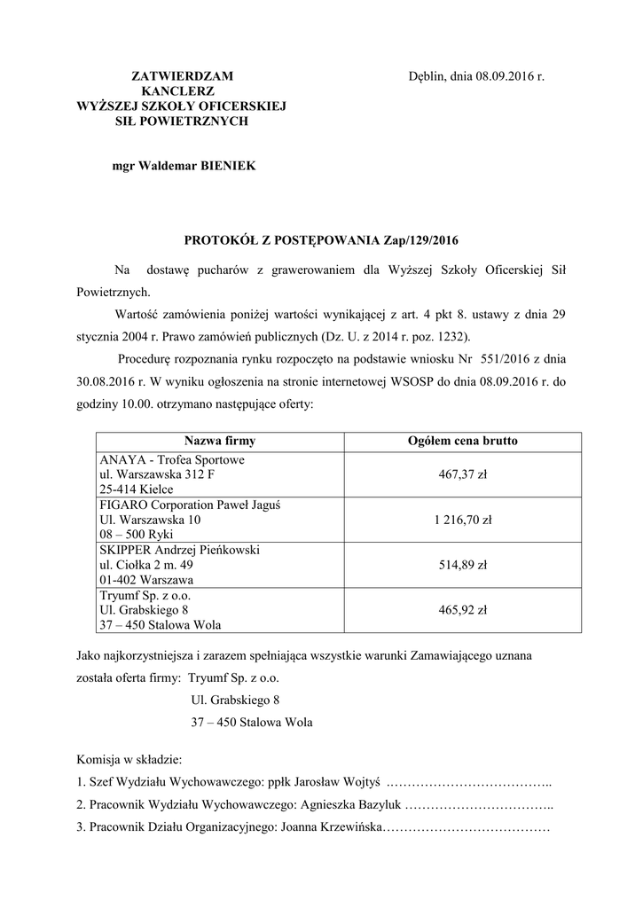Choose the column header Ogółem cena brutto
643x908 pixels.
[x=462, y=441]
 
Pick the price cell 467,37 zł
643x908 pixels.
[x=462, y=475]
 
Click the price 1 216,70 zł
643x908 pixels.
[x=462, y=520]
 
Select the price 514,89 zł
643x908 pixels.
[x=462, y=565]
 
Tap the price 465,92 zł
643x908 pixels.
[x=462, y=610]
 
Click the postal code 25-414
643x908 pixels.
[x=118, y=489]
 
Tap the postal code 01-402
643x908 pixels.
[x=119, y=579]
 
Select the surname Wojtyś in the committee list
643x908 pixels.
[x=359, y=783]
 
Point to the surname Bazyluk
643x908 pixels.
[x=380, y=805]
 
